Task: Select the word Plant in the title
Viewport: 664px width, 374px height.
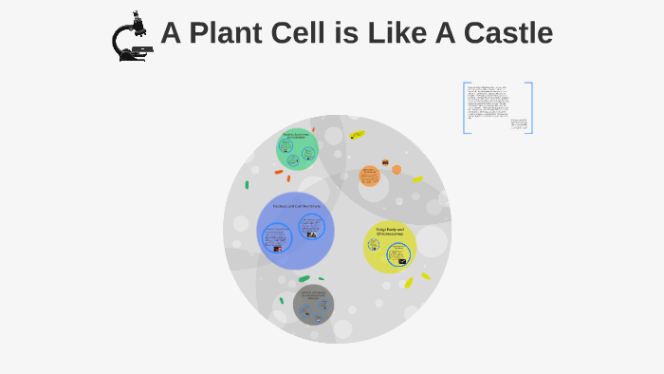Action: [x=227, y=33]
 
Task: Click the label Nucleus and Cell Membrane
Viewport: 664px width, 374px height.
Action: [x=295, y=206]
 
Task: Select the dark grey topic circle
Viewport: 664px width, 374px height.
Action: [x=313, y=305]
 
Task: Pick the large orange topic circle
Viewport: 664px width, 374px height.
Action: [x=370, y=176]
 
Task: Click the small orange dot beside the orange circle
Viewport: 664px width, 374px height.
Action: [x=397, y=170]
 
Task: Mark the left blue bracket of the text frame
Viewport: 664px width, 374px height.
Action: [x=466, y=107]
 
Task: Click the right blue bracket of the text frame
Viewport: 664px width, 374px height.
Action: [x=529, y=107]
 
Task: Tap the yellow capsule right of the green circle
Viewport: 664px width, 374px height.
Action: [x=357, y=135]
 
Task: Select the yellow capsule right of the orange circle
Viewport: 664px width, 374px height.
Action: [x=417, y=178]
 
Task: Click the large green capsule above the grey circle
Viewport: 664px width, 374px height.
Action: [x=304, y=279]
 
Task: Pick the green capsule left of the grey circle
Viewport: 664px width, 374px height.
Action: [x=282, y=301]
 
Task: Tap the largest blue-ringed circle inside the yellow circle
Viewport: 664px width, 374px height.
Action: [x=398, y=254]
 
